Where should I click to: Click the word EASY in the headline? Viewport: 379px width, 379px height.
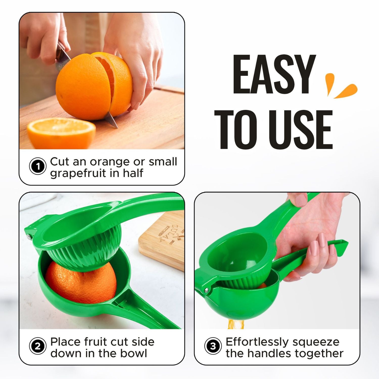click(274, 75)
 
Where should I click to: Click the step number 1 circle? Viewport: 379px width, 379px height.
click(38, 167)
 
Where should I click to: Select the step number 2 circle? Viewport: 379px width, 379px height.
click(38, 346)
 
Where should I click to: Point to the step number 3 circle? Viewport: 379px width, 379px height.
click(213, 346)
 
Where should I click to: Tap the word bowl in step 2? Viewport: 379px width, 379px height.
click(134, 353)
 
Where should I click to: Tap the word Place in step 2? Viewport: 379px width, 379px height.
click(66, 342)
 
